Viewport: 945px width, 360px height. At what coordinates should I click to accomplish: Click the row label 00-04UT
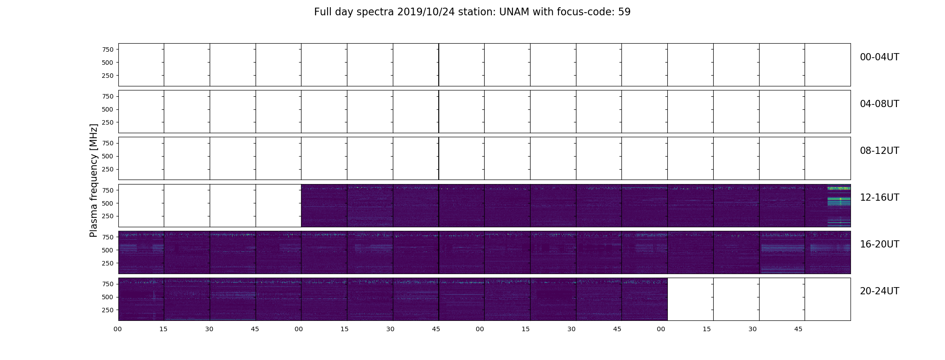(x=879, y=57)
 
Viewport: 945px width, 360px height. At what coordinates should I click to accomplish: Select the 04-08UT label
(x=879, y=104)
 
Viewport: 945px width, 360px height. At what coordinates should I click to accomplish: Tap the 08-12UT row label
(x=879, y=151)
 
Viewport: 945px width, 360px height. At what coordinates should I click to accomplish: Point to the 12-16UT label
(x=879, y=198)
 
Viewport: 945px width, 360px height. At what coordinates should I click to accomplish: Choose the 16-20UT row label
(x=879, y=244)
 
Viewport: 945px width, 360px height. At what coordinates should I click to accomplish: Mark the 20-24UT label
(x=879, y=291)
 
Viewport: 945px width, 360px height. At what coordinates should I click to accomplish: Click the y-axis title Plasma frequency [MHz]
(x=94, y=180)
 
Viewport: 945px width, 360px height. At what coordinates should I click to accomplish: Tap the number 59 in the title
(x=624, y=12)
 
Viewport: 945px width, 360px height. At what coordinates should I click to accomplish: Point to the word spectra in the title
(x=375, y=13)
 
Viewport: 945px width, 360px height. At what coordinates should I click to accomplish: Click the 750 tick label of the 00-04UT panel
(x=107, y=49)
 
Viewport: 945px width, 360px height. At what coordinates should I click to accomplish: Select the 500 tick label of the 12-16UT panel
(x=107, y=203)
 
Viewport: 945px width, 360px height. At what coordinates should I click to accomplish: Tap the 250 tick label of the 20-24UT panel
(x=107, y=310)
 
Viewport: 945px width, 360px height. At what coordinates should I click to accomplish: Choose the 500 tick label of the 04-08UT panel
(x=107, y=109)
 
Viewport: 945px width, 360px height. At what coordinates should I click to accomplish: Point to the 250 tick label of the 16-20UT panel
(x=107, y=263)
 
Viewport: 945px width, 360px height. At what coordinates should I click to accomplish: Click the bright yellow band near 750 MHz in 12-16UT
(x=839, y=188)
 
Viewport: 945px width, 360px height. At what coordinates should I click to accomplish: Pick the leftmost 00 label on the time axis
(x=117, y=329)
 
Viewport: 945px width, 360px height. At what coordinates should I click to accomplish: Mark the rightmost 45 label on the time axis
(x=798, y=329)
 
